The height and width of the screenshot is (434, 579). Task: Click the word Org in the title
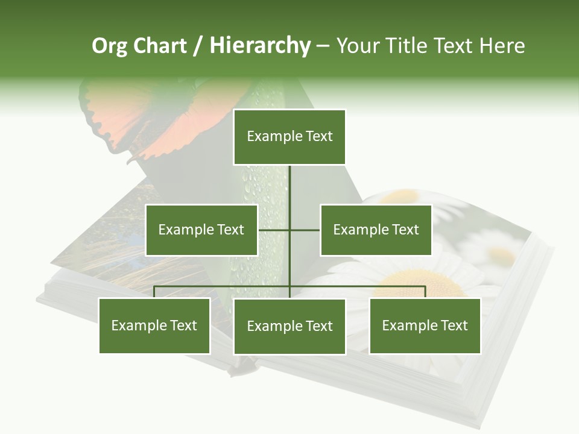point(109,46)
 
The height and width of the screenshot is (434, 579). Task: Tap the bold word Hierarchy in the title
point(260,46)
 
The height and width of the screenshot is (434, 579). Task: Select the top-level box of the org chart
point(289,137)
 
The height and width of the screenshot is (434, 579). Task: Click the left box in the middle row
point(201,230)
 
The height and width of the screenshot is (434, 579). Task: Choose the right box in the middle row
point(376,230)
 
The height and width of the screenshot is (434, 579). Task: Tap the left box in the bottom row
point(154,326)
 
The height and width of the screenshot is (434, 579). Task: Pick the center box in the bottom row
point(289,327)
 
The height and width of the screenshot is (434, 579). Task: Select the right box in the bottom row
point(425,326)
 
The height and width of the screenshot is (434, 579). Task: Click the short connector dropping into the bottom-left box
point(154,292)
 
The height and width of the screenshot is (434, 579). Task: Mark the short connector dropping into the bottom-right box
point(425,292)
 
